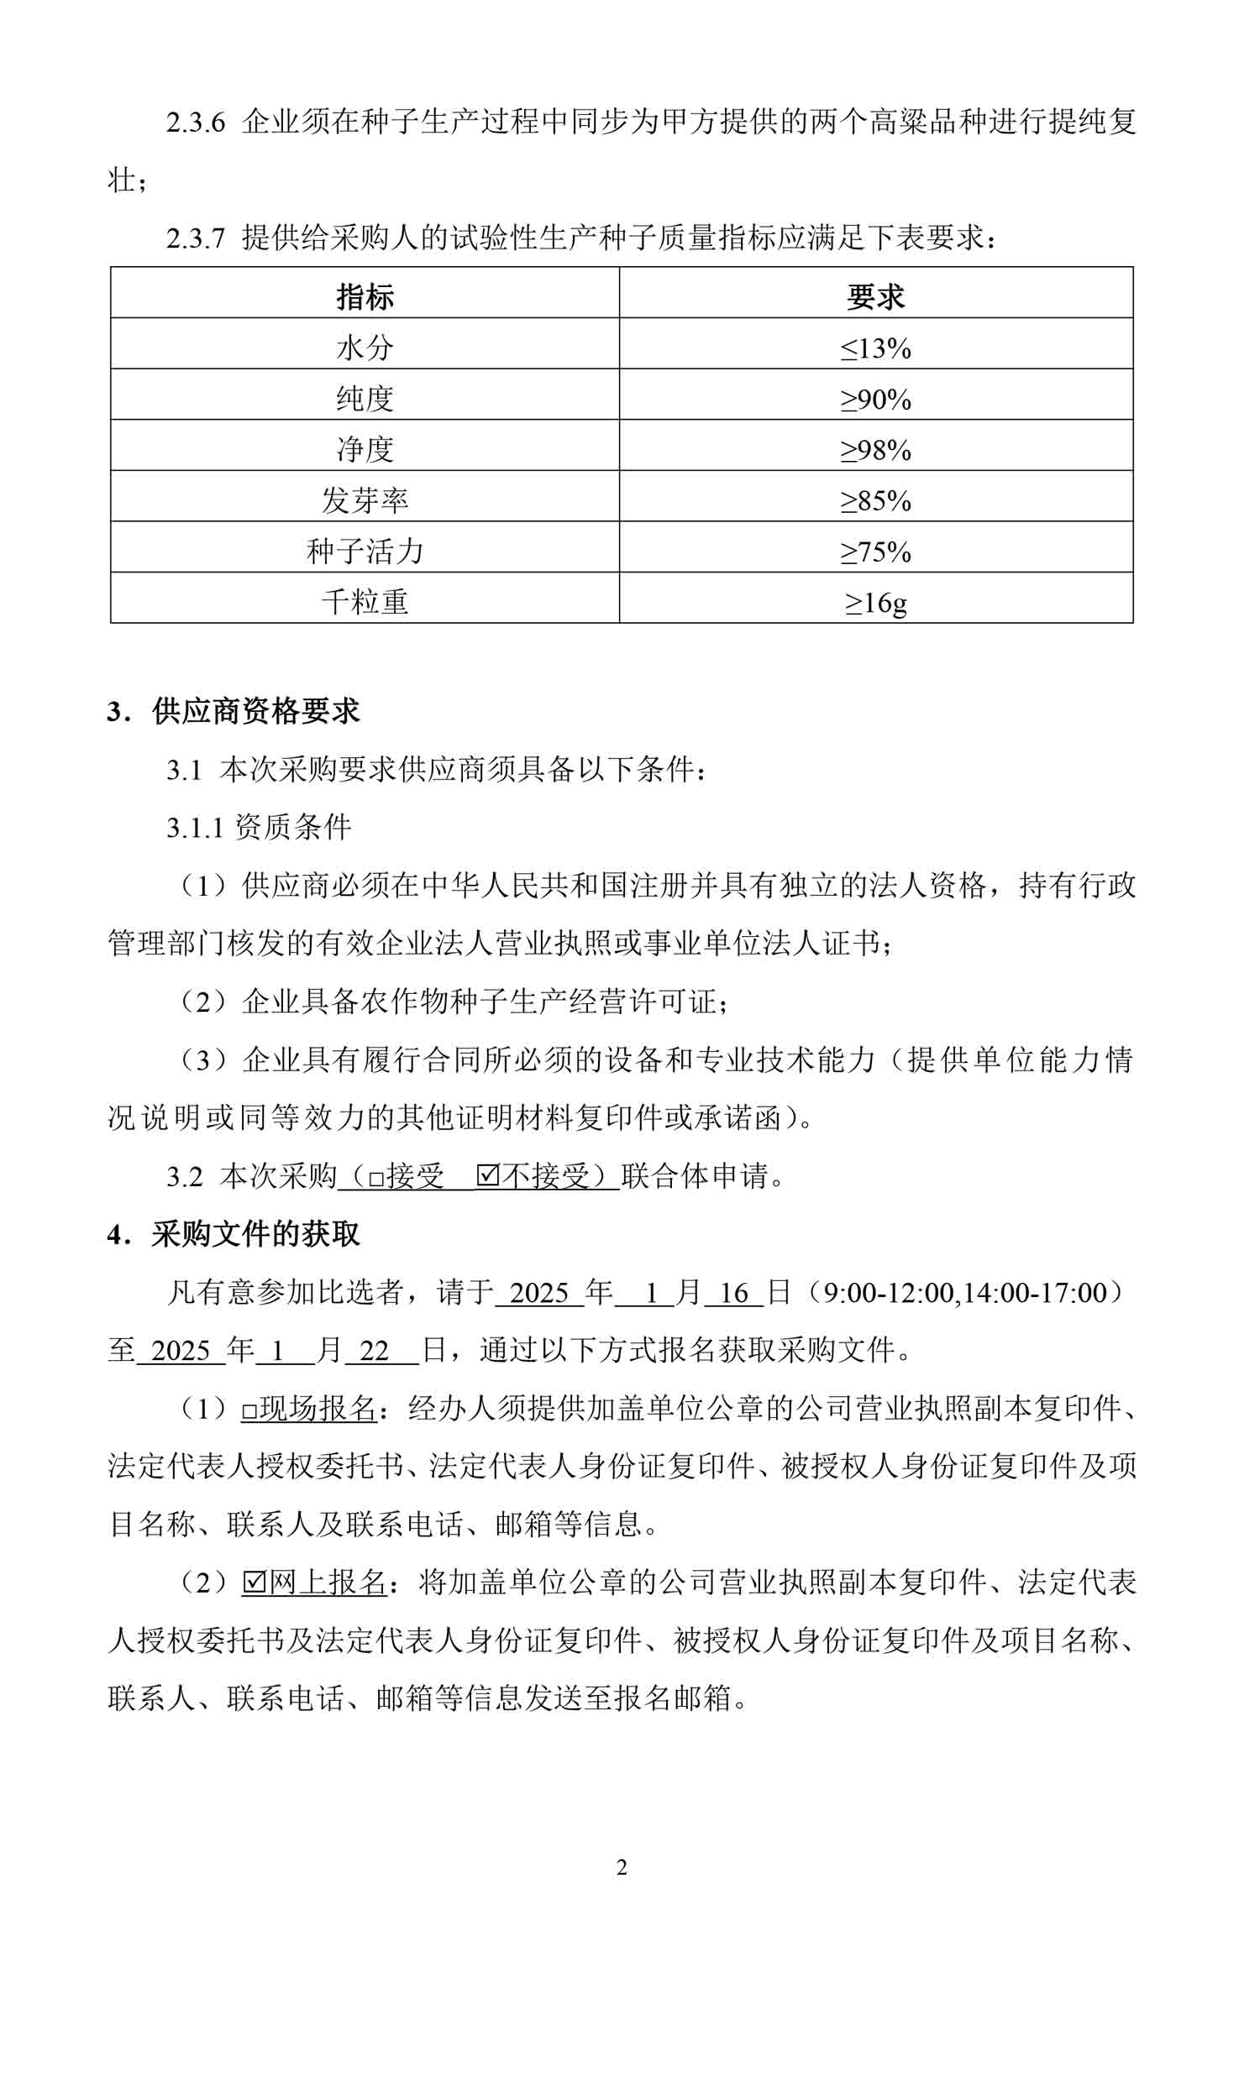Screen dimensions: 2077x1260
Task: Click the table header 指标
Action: pos(365,296)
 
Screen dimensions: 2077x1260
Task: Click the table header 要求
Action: pos(875,296)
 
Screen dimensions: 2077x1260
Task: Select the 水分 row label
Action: pos(365,348)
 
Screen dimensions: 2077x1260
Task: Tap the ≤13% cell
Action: pos(875,348)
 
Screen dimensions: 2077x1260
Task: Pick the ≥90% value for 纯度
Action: pos(875,399)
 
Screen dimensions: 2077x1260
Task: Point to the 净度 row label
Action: pos(365,449)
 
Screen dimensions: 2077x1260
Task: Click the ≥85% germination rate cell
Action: pos(875,500)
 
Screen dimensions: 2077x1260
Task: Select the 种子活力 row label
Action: pos(365,552)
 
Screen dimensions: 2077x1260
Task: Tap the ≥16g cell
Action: pos(875,602)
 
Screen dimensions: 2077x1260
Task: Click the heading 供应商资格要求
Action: pos(255,711)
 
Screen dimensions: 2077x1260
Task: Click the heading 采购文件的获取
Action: pos(255,1234)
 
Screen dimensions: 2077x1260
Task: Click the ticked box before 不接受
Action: pos(487,1176)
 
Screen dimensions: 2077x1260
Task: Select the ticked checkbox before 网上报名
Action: pos(253,1583)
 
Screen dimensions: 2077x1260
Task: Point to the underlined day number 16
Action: pos(733,1293)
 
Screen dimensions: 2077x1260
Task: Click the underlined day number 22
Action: pos(374,1352)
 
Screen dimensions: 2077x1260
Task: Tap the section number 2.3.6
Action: pos(196,123)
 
